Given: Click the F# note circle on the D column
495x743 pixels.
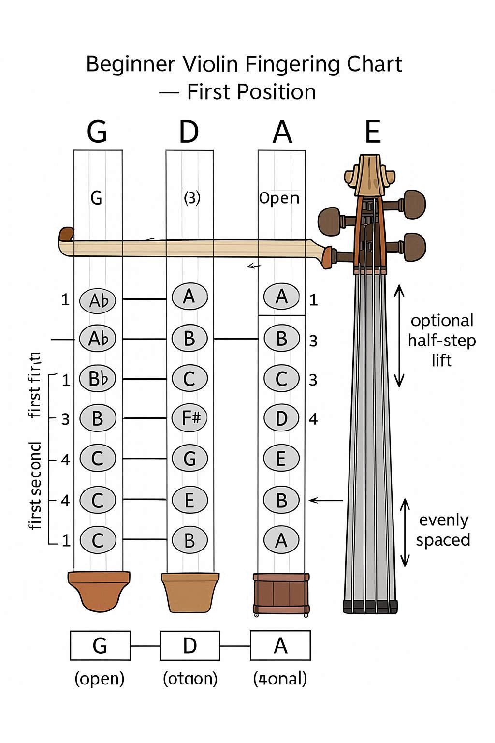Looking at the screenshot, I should pos(189,418).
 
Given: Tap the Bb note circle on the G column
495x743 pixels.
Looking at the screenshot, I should pos(98,378).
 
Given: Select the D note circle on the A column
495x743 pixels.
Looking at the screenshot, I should pos(282,418).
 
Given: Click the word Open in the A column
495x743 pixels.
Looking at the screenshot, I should pos(279,198).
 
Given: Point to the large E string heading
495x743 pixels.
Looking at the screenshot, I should pos(373,131).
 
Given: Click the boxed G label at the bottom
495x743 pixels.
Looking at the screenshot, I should pos(100,646).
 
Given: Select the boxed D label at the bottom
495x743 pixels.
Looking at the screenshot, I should pos(190,646).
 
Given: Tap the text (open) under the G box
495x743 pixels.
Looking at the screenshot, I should pos(100,678).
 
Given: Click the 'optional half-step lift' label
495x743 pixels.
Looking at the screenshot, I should pos(441,340).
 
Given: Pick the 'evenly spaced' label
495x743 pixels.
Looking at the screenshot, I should pos(443,530).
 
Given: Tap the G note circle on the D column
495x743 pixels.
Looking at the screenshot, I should pos(189,458).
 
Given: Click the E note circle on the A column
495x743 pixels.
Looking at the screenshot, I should pos(281,458).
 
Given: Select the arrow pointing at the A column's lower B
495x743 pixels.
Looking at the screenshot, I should pos(325,500).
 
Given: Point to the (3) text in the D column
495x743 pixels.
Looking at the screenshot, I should pos(192,197).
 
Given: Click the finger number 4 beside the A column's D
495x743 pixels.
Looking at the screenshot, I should pos(313,419).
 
